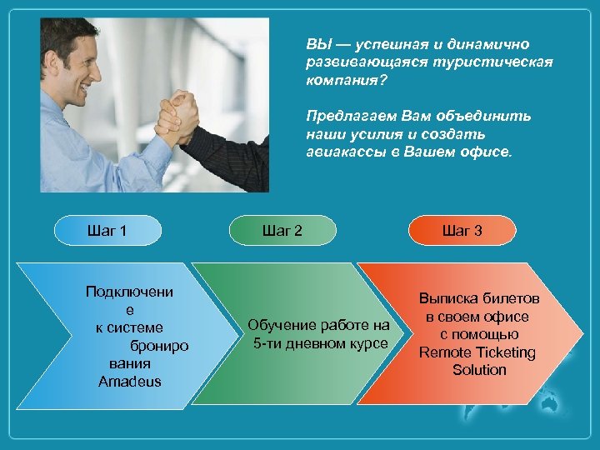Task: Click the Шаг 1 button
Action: tap(107, 230)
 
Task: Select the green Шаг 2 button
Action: tap(282, 230)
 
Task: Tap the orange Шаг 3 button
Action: tap(462, 230)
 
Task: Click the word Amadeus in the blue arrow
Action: tap(129, 382)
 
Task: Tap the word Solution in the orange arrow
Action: tap(479, 369)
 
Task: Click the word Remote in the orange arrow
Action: tap(445, 352)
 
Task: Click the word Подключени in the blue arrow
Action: tap(129, 292)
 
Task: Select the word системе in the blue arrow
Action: tap(140, 327)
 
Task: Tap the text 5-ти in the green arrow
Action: tap(268, 343)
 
